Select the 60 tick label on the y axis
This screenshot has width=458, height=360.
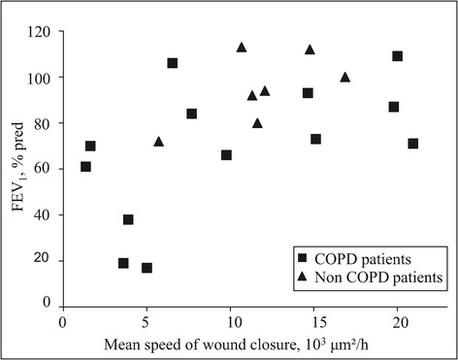click(44, 168)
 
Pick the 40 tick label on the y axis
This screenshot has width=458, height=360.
click(44, 214)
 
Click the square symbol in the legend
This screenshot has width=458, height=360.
click(302, 259)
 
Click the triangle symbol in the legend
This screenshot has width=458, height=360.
click(302, 278)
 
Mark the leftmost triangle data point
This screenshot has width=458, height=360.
click(158, 142)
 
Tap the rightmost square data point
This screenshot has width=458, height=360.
click(413, 144)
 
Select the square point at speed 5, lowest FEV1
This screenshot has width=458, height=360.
click(147, 268)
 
